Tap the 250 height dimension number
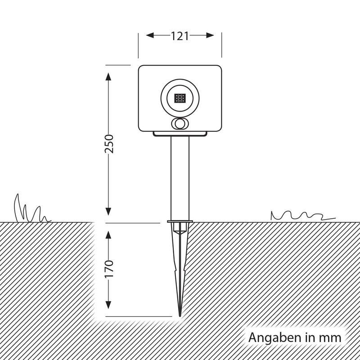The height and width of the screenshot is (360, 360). pyautogui.click(x=109, y=143)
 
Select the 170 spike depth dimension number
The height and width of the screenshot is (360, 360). pyautogui.click(x=109, y=269)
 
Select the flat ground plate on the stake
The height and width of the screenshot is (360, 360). pyautogui.click(x=180, y=221)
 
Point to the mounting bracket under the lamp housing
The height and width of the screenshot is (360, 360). pyautogui.click(x=180, y=134)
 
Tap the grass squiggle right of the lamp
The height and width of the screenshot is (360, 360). pyautogui.click(x=301, y=215)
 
